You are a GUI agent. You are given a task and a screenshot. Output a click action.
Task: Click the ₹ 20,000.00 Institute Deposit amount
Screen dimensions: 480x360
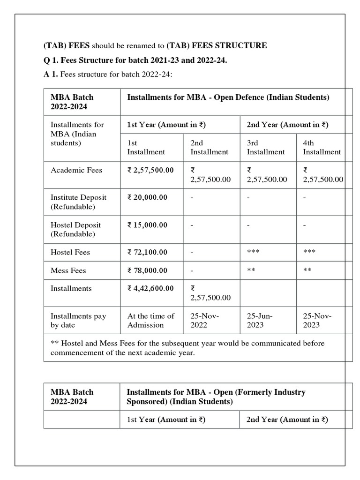click(147, 197)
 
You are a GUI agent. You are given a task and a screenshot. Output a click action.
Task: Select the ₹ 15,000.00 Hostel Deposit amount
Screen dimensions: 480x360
click(147, 225)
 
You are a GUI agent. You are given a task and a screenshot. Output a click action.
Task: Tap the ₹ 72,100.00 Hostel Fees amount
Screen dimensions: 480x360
click(147, 252)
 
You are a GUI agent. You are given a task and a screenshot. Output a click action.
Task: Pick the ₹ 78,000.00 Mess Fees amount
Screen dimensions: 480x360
click(147, 270)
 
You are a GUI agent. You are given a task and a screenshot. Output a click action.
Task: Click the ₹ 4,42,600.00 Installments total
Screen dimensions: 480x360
click(150, 289)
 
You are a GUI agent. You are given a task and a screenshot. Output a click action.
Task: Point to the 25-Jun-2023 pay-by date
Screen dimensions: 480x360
click(260, 320)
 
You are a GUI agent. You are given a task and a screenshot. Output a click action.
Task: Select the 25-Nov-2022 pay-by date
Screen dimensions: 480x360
click(204, 320)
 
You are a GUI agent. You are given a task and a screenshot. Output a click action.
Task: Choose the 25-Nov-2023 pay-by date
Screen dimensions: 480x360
click(317, 320)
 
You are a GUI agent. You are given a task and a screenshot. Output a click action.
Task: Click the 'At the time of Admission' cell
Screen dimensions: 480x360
click(150, 320)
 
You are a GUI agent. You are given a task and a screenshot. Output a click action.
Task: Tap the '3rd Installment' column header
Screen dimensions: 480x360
click(265, 147)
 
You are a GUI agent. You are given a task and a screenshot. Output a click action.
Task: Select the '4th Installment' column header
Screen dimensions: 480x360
click(322, 147)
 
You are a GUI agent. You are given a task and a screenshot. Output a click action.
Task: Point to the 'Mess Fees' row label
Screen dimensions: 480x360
click(68, 270)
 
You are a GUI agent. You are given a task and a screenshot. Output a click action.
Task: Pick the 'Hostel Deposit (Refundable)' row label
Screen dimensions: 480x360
click(75, 229)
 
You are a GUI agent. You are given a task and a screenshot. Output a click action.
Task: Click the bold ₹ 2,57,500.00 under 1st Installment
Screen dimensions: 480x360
click(150, 170)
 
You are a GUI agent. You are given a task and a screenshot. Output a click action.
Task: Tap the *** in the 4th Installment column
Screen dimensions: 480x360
click(309, 252)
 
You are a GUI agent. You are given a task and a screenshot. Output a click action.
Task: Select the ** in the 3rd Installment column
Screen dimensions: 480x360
click(251, 270)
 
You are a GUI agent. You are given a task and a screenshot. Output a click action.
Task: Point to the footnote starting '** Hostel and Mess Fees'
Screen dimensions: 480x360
click(187, 348)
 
